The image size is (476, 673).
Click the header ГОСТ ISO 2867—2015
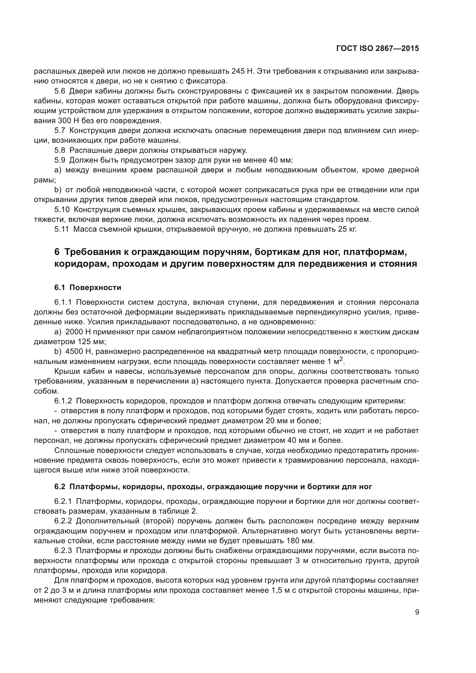[378, 49]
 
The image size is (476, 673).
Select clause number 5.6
[60, 91]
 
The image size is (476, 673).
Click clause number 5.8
[60, 150]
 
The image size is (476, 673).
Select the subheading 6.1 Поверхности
[88, 287]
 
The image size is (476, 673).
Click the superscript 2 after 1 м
[341, 359]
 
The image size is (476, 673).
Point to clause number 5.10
[62, 209]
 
